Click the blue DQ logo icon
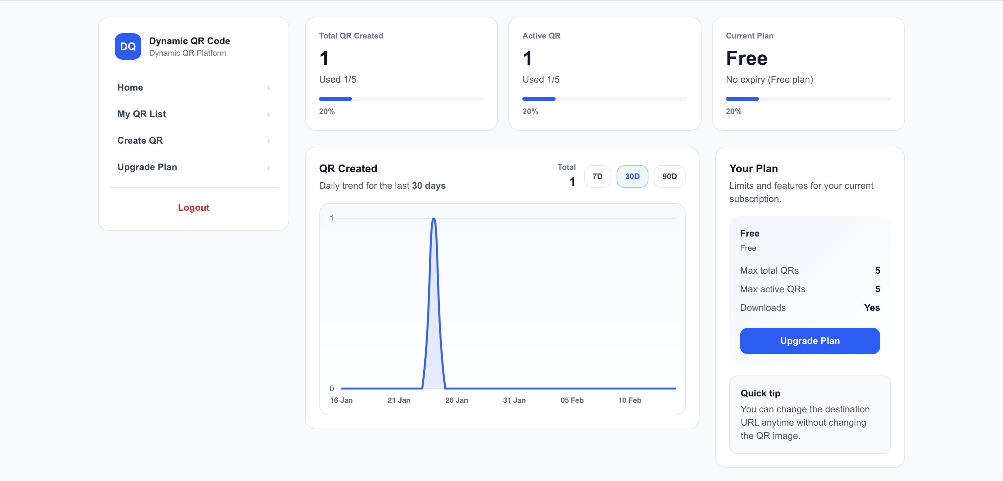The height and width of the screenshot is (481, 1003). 128,46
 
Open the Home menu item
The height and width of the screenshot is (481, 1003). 130,87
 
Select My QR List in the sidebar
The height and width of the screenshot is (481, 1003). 142,114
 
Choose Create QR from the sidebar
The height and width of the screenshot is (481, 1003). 140,140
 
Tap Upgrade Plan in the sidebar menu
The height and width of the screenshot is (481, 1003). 147,167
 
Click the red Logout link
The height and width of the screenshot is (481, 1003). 193,207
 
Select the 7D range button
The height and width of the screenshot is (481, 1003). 597,176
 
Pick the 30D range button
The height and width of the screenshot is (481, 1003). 632,176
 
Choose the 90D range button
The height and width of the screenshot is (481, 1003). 669,176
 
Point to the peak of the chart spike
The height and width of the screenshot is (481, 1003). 434,219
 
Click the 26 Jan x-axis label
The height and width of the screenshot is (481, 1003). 456,400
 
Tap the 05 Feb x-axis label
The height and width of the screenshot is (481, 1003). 571,400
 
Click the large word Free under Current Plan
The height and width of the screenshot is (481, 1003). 746,58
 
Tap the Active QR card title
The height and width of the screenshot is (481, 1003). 541,36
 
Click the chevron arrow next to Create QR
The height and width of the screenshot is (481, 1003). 268,141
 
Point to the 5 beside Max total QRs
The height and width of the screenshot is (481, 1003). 877,270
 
